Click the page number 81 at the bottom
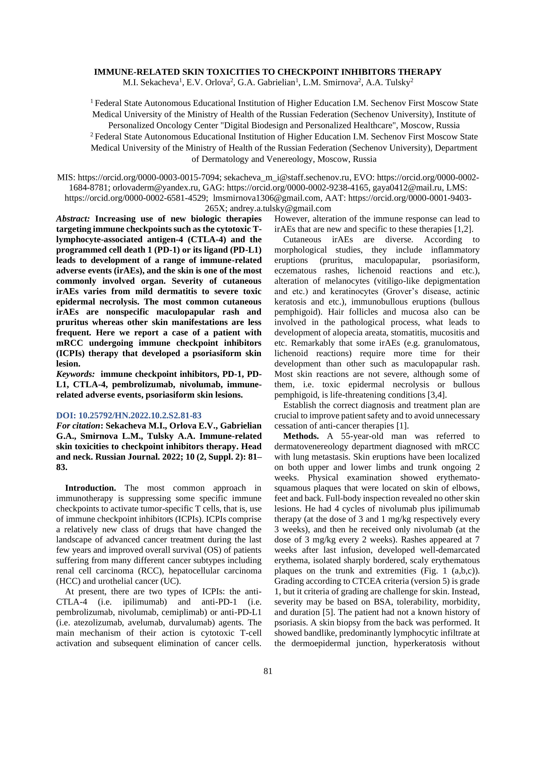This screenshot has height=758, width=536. click(268, 671)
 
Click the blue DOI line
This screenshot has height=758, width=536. click(129, 415)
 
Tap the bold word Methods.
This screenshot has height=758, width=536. click(301, 436)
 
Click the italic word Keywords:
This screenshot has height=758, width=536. click(76, 374)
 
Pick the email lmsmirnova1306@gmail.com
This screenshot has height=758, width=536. click(267, 198)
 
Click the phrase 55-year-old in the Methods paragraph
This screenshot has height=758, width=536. click(362, 436)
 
